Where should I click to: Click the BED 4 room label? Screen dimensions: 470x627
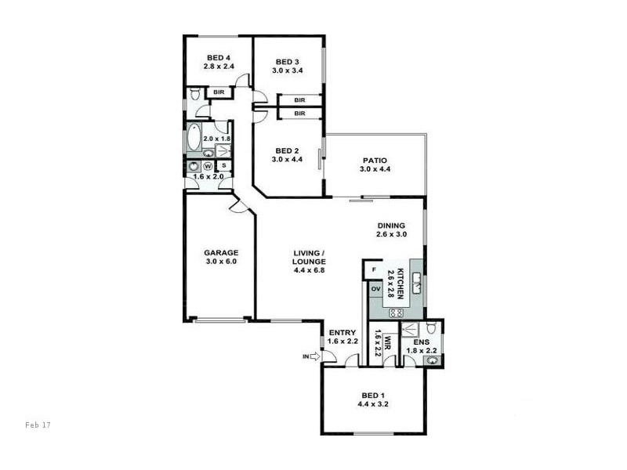click(x=218, y=57)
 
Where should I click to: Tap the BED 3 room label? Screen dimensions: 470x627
click(x=287, y=62)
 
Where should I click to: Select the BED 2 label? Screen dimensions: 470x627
click(x=287, y=151)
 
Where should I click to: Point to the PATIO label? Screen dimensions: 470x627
click(x=374, y=161)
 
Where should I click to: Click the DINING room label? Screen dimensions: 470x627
click(x=391, y=225)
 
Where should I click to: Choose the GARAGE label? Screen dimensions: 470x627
click(x=220, y=253)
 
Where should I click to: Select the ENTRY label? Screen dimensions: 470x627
click(x=342, y=332)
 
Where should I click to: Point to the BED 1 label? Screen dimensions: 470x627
click(x=373, y=396)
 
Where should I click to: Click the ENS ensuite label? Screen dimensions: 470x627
click(x=421, y=342)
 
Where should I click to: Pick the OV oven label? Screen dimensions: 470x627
click(x=375, y=290)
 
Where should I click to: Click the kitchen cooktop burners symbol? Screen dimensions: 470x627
click(x=396, y=312)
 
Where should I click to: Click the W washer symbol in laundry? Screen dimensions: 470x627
click(x=208, y=166)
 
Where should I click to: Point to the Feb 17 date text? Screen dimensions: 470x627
click(x=38, y=424)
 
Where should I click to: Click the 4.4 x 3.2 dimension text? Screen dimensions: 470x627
click(x=373, y=405)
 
